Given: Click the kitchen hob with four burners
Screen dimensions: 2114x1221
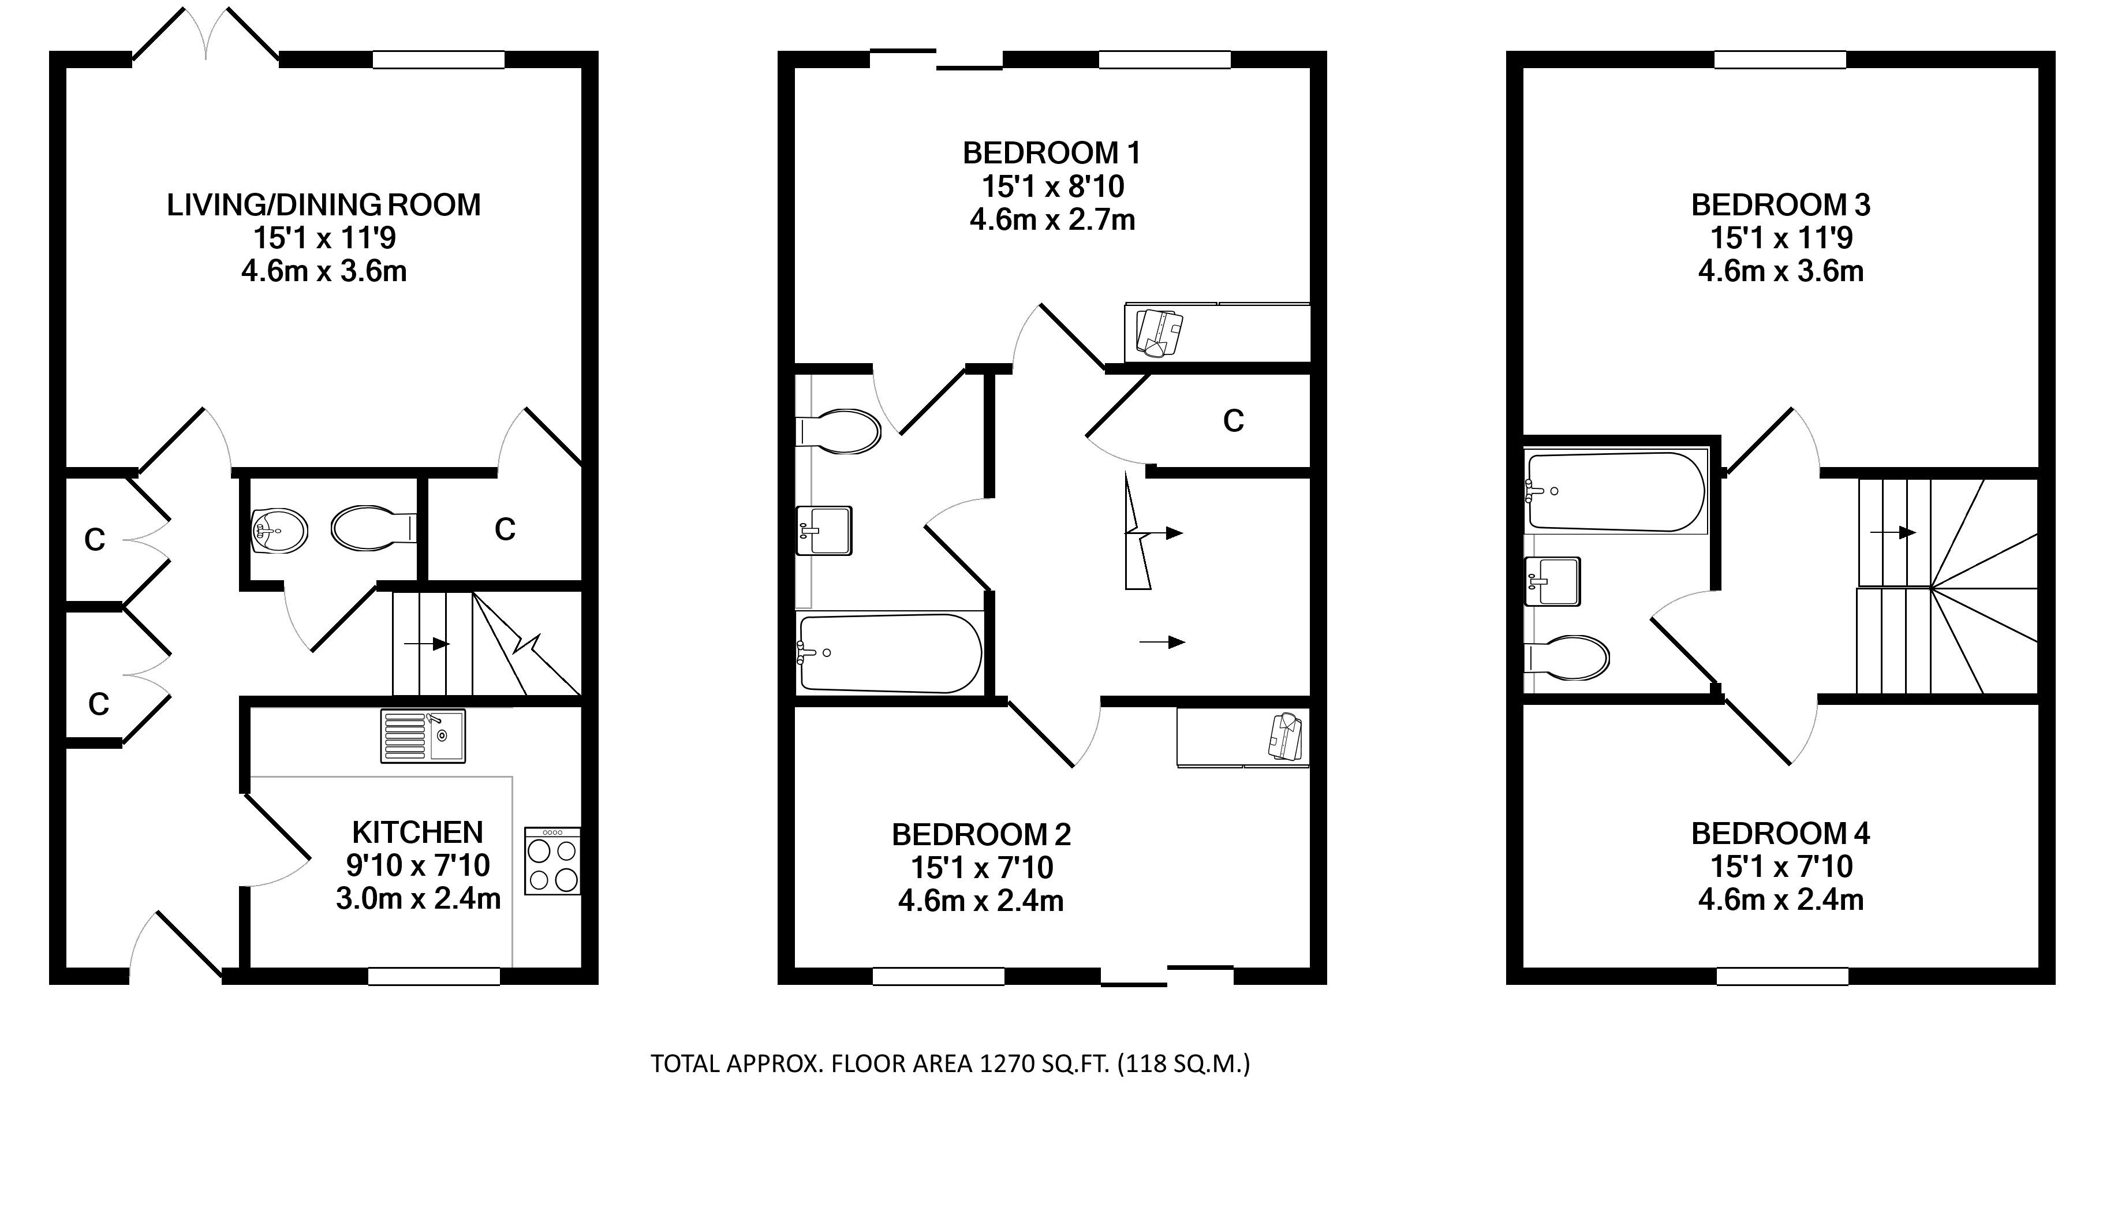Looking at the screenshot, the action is (552, 861).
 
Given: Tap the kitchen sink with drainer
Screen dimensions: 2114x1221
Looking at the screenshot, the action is (423, 735).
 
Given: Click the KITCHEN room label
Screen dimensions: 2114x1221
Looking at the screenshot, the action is (417, 832).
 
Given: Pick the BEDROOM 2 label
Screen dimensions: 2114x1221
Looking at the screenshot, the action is (981, 834).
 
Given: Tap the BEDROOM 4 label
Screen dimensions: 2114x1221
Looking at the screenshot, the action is (1781, 834).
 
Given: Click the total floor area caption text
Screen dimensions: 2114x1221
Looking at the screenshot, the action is (951, 1064).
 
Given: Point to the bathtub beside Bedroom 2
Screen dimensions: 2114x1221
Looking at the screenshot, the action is (890, 654).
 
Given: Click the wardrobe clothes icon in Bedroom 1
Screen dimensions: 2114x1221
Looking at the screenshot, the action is (1159, 333).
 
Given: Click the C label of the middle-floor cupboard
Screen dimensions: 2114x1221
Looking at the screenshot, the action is (1232, 421).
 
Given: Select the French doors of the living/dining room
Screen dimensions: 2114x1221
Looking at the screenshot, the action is (206, 35).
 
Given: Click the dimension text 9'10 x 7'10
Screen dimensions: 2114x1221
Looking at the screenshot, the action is (417, 865).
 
